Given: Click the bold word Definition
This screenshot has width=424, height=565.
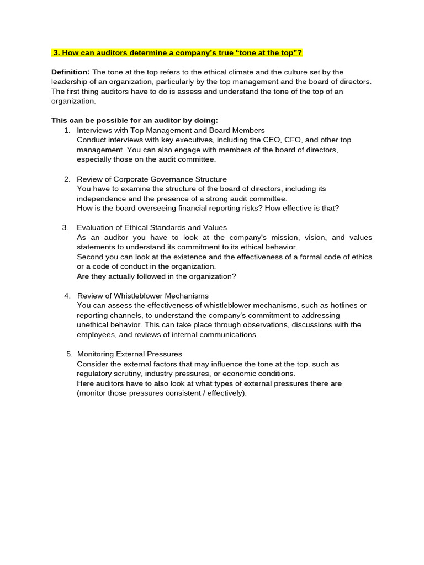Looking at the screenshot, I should pyautogui.click(x=70, y=72).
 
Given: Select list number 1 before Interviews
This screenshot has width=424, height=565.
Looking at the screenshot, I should pyautogui.click(x=67, y=130).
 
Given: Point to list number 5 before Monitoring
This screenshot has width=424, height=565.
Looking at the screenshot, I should pyautogui.click(x=69, y=354).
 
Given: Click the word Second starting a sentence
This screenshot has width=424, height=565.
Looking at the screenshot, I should pyautogui.click(x=90, y=257).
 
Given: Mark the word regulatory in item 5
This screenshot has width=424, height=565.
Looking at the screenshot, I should pyautogui.click(x=94, y=374).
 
